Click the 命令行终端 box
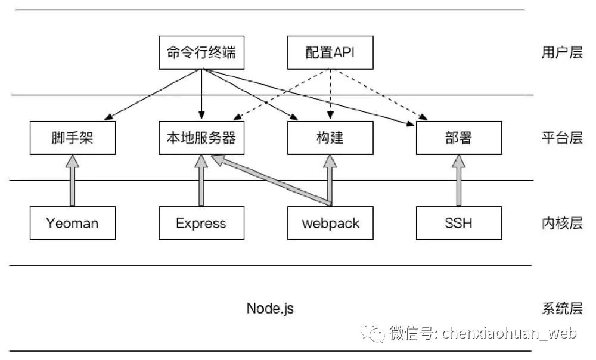pyautogui.click(x=201, y=52)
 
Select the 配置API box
pyautogui.click(x=330, y=52)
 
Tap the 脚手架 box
pyautogui.click(x=73, y=138)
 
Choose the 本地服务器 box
pyautogui.click(x=201, y=138)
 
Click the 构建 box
pyautogui.click(x=330, y=138)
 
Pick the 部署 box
pyautogui.click(x=459, y=138)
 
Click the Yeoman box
pyautogui.click(x=73, y=223)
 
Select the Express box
pyautogui.click(x=201, y=223)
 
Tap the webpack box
pyautogui.click(x=330, y=223)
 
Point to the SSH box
pyautogui.click(x=459, y=223)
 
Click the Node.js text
pyautogui.click(x=270, y=308)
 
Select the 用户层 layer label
pyautogui.click(x=562, y=52)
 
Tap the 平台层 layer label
pyautogui.click(x=562, y=138)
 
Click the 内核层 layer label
pyautogui.click(x=562, y=223)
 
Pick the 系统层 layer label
pyautogui.click(x=562, y=308)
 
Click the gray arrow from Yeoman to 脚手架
pyautogui.click(x=72, y=181)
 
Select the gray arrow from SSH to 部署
pyautogui.click(x=459, y=181)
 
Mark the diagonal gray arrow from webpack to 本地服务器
pyautogui.click(x=271, y=180)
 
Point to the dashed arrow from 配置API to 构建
pyautogui.click(x=330, y=94)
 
